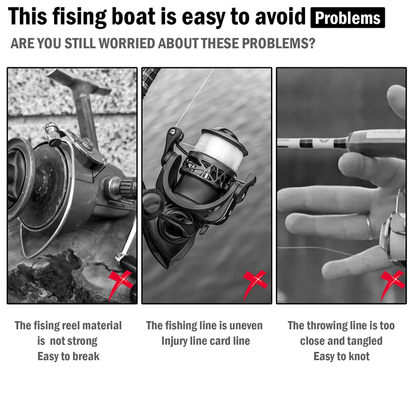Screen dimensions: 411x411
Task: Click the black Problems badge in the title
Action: (x=348, y=17)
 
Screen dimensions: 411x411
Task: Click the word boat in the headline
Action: (x=134, y=16)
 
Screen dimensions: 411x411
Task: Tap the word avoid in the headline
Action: (x=280, y=16)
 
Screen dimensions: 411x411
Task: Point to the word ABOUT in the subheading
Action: (x=178, y=43)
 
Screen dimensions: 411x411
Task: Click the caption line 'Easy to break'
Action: (x=68, y=357)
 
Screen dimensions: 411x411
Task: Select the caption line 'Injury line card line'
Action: (x=206, y=341)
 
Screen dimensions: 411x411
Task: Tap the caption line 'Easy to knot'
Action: (x=342, y=357)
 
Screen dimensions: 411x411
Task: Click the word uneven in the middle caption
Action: (x=246, y=326)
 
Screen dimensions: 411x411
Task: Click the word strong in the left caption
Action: (x=83, y=341)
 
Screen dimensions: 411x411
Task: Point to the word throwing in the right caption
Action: (x=324, y=326)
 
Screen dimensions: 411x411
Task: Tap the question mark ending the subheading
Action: (x=312, y=43)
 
